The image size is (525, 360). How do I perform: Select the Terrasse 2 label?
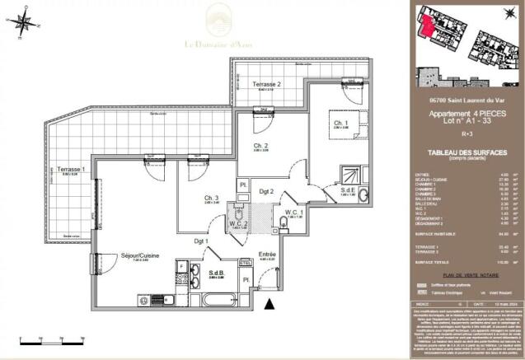(x=267, y=84)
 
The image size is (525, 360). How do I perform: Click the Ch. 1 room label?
(x=340, y=124)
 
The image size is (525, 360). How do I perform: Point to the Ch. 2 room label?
(x=261, y=146)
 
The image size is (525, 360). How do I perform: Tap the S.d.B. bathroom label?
(x=217, y=274)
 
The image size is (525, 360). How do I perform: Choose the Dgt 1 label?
(x=200, y=241)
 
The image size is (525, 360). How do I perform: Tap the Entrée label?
(x=267, y=255)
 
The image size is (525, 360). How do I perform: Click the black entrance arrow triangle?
(x=268, y=304)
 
